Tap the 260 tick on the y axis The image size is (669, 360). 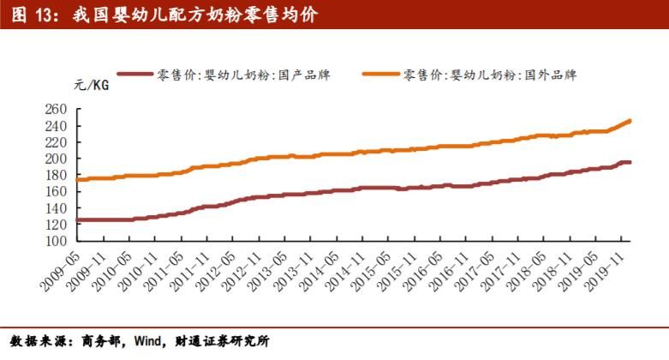56,110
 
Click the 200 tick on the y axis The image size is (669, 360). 56,159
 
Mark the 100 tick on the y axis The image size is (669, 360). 56,241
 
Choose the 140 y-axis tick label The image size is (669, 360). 56,208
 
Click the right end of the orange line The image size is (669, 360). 630,121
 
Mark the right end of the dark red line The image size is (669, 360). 630,162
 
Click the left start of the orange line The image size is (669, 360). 78,180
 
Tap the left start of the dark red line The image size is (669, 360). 78,220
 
